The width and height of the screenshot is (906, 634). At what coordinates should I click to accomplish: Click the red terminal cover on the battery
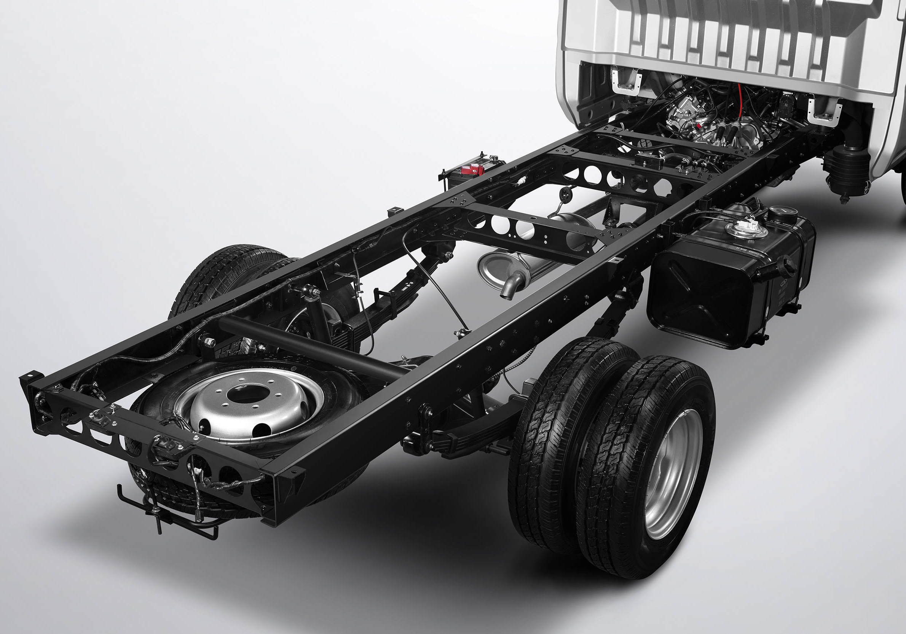tap(473, 169)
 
